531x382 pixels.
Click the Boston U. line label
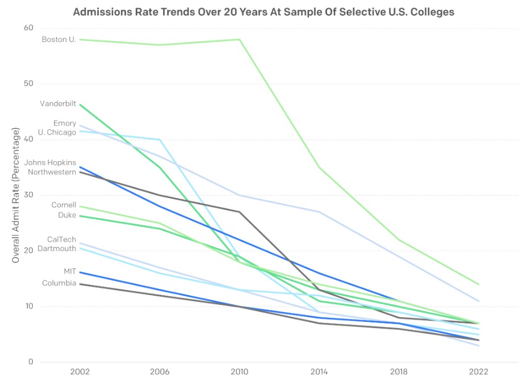tap(59, 40)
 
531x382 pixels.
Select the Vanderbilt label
tap(58, 103)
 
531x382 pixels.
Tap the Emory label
tap(65, 124)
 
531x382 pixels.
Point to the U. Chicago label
tap(57, 132)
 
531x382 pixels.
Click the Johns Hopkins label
tap(50, 163)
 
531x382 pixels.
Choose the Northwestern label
tap(52, 172)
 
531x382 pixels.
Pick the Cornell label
tap(64, 205)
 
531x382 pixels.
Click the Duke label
tap(67, 215)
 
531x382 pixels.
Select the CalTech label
tap(62, 240)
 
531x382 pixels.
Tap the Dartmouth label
tap(57, 249)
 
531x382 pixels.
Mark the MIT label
tap(70, 271)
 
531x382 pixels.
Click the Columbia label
tap(59, 283)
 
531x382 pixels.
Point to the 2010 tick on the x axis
tap(240, 372)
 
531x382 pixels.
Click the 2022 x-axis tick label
tap(479, 372)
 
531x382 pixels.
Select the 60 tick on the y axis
tap(28, 28)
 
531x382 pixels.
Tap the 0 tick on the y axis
tap(31, 362)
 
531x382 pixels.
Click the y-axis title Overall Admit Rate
tap(15, 195)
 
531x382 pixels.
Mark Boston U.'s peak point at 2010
tap(240, 40)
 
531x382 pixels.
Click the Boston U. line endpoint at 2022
tap(479, 284)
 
